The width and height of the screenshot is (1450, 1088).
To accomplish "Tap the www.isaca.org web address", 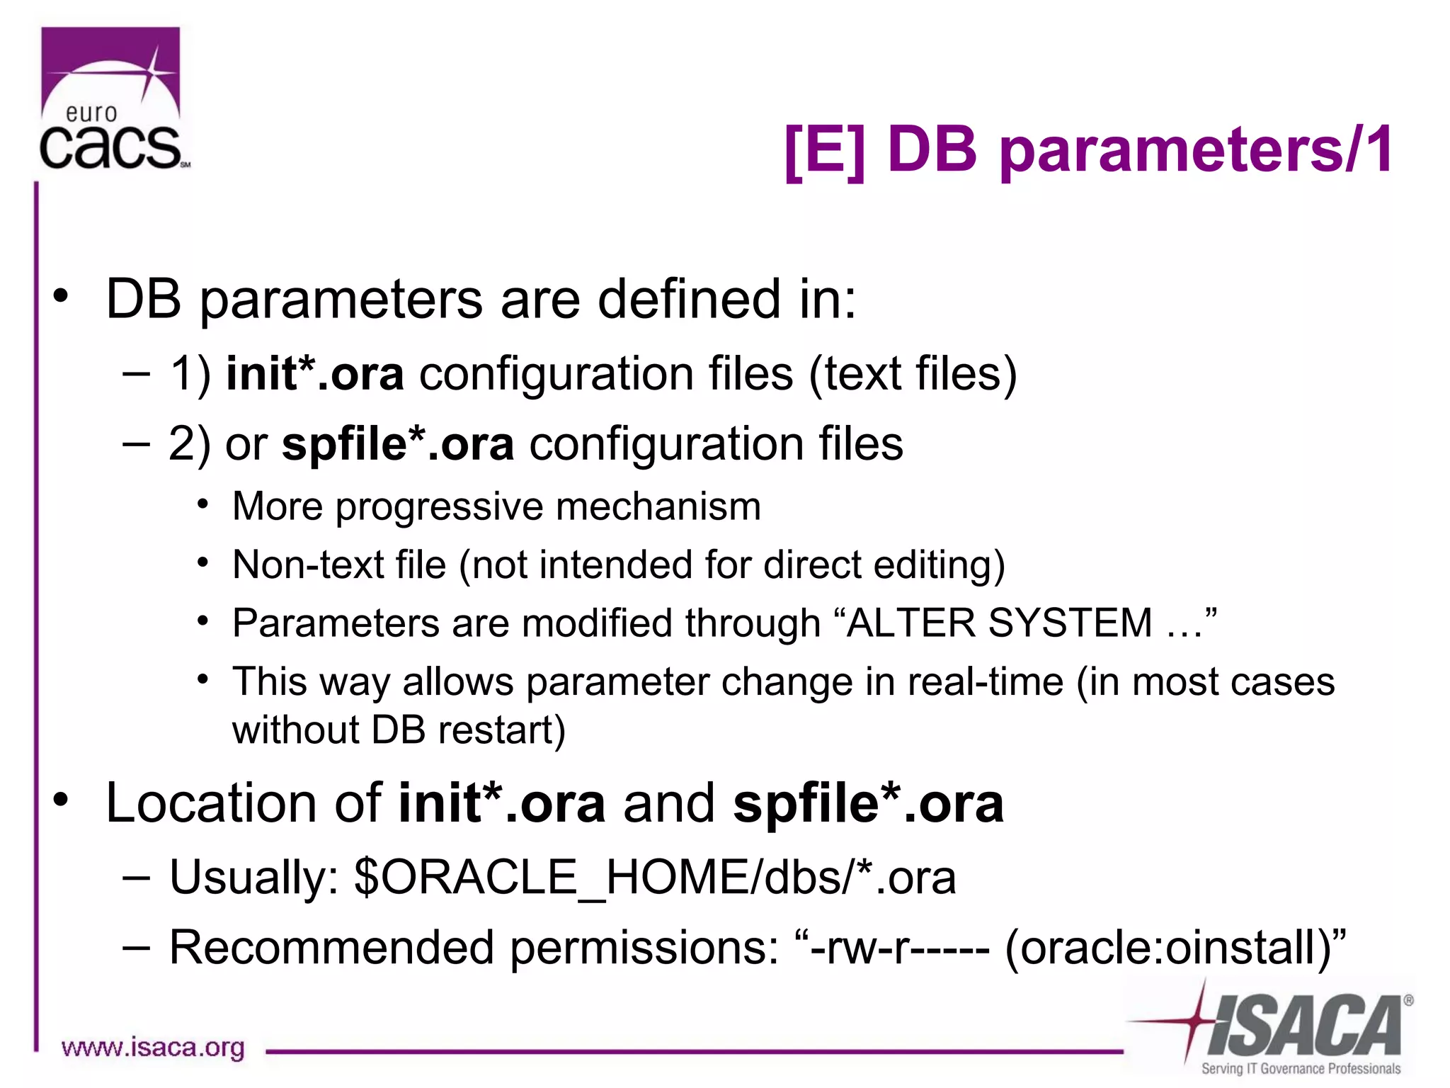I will tap(153, 1047).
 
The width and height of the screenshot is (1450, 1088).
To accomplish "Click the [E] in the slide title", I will tap(826, 150).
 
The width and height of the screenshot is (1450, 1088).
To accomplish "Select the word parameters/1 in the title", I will tap(1196, 150).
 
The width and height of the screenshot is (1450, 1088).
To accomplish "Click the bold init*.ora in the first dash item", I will tap(314, 374).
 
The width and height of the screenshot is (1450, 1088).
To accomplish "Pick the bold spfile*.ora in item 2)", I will tap(397, 444).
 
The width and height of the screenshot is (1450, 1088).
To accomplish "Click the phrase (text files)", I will tap(913, 374).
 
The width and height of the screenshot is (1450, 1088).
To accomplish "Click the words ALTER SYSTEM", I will tap(999, 623).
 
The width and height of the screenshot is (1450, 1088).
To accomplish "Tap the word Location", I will tap(210, 803).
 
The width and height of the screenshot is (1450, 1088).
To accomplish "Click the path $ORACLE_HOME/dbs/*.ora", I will tap(655, 878).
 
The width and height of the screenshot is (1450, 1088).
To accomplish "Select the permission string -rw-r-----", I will tap(899, 948).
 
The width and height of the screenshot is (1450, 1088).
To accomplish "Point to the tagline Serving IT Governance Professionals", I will tap(1301, 1068).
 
